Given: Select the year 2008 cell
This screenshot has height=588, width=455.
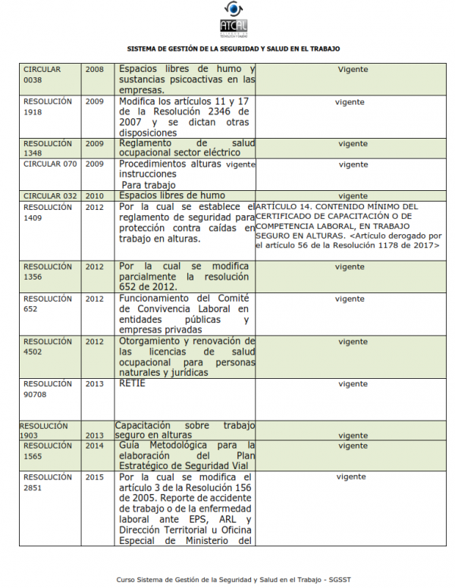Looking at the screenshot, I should [x=95, y=70].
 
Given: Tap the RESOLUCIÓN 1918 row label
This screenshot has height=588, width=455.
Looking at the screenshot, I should [x=48, y=106].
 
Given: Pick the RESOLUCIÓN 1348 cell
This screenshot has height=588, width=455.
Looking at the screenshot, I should [x=48, y=148].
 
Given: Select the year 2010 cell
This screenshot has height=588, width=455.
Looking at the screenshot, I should [x=95, y=195].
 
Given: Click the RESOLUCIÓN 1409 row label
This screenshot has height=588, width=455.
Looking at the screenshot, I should [x=48, y=211].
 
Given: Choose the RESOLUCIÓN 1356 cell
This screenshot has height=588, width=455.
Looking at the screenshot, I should [x=48, y=272].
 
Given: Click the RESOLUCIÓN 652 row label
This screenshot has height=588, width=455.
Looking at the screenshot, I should [x=48, y=304].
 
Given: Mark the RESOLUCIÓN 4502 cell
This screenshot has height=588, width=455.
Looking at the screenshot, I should [x=48, y=346].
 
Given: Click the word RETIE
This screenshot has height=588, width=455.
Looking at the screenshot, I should [x=132, y=383].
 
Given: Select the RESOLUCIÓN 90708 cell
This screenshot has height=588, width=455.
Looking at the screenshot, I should [x=48, y=389].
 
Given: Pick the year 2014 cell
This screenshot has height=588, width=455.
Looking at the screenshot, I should [x=95, y=446].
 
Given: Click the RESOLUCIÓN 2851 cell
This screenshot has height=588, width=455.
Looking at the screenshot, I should [x=48, y=483].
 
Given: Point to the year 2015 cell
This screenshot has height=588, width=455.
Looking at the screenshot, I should [x=95, y=477].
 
